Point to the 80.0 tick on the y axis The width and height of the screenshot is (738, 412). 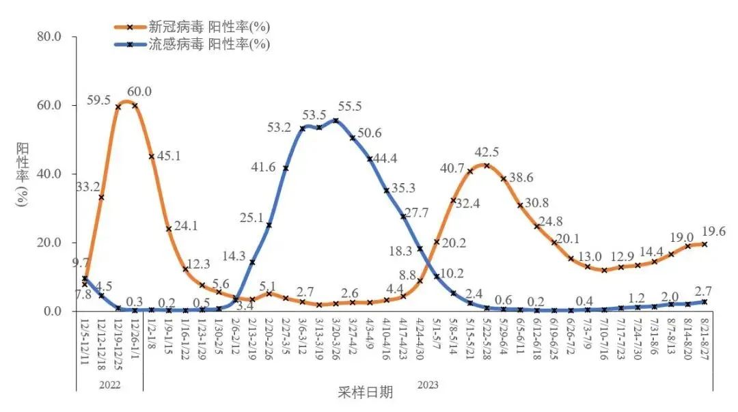point(47,37)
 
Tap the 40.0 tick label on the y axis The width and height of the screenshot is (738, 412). point(47,174)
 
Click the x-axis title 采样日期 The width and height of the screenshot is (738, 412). point(366,393)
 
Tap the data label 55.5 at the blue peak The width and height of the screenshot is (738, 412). point(350,107)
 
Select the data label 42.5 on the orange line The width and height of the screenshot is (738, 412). point(488,152)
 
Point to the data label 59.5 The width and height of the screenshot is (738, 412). point(99,100)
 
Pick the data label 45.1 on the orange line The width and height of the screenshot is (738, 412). point(168,156)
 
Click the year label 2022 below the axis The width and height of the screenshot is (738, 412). point(109,385)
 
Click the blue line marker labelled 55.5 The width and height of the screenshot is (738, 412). point(336,121)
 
